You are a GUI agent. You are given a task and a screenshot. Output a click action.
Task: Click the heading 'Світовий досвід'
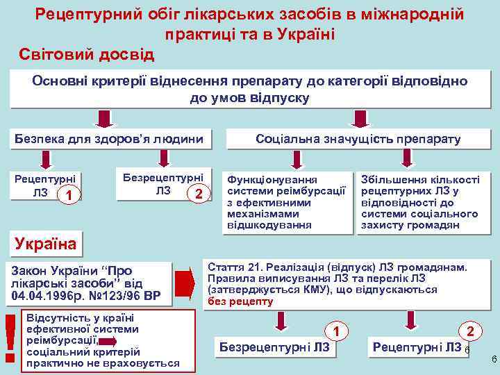point(87,53)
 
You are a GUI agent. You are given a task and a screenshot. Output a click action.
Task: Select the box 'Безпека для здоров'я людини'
point(110,139)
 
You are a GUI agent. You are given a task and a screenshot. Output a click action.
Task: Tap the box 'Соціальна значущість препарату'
point(358,139)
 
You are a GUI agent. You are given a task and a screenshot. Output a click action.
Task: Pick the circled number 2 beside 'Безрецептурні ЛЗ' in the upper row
point(199,192)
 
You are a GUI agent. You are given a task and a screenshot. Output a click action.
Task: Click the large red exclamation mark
point(10,337)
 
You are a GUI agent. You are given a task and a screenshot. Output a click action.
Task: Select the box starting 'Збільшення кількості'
point(420,202)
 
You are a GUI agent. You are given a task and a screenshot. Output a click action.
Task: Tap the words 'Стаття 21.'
point(234,267)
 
